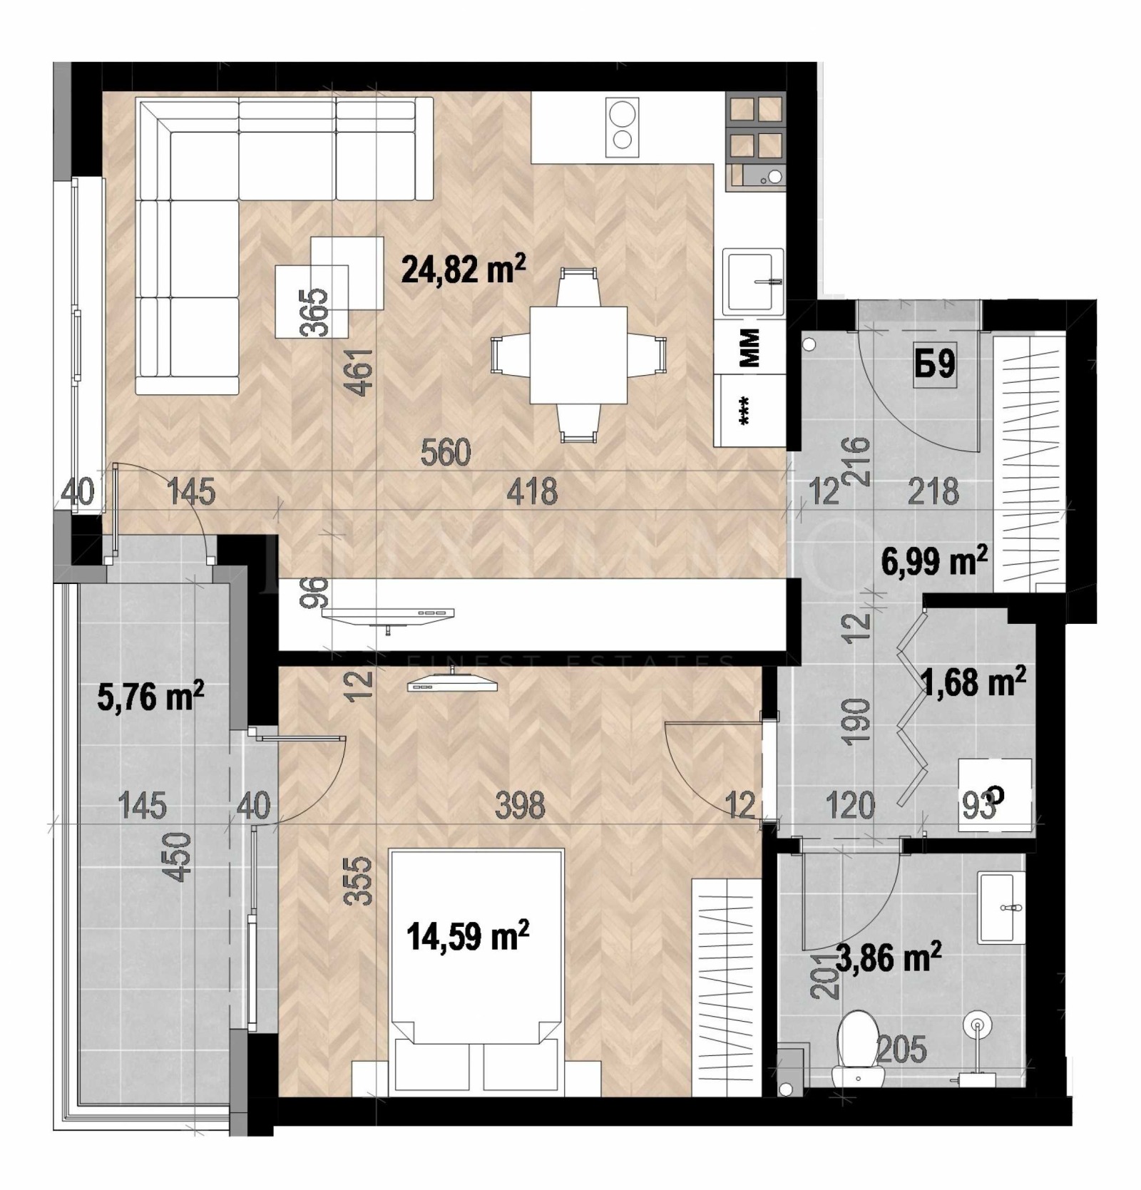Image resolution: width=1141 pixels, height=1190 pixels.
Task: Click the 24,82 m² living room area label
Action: pos(464,270)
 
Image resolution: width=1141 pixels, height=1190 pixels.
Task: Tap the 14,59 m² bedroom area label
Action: pos(468,936)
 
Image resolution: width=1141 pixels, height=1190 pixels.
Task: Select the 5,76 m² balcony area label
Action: pos(150,696)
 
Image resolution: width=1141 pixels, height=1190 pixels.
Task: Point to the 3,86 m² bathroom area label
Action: pos(888,957)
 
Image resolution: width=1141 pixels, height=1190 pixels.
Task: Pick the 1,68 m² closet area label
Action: pos(973,682)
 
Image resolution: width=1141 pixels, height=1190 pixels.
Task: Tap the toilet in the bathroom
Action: pos(859,1045)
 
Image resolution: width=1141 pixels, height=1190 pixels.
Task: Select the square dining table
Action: pos(578,354)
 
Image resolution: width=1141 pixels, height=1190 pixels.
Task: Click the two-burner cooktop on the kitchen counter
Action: pos(622,126)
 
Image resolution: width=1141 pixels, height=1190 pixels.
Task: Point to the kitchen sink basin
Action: pos(753,281)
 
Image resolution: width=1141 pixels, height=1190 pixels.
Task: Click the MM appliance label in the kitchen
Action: pos(749,347)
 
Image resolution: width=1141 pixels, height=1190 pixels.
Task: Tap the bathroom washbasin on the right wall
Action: pos(1001,907)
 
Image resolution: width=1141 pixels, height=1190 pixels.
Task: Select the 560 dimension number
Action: pos(446,453)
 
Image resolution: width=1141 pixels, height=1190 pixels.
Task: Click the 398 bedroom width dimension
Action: pos(521,806)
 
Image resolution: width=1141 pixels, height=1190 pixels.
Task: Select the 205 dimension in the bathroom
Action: pos(901,1050)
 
